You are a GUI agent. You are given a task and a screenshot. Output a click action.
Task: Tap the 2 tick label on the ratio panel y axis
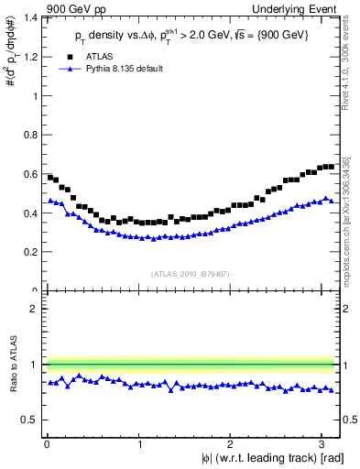[33, 309]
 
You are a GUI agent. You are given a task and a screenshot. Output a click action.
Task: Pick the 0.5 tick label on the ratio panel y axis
[29, 420]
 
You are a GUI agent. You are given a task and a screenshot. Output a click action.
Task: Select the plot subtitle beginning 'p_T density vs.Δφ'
[192, 37]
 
